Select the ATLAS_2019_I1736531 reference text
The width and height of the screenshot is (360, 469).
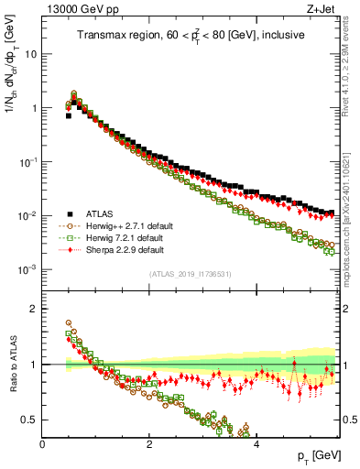pos(191,274)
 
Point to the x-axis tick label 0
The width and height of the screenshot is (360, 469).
pos(42,443)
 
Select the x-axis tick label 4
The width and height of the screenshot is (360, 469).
pos(256,443)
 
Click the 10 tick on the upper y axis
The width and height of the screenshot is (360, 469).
pos(30,53)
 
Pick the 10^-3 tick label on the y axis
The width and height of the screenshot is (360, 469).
pos(27,270)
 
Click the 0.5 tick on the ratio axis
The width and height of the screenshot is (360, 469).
pos(28,420)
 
